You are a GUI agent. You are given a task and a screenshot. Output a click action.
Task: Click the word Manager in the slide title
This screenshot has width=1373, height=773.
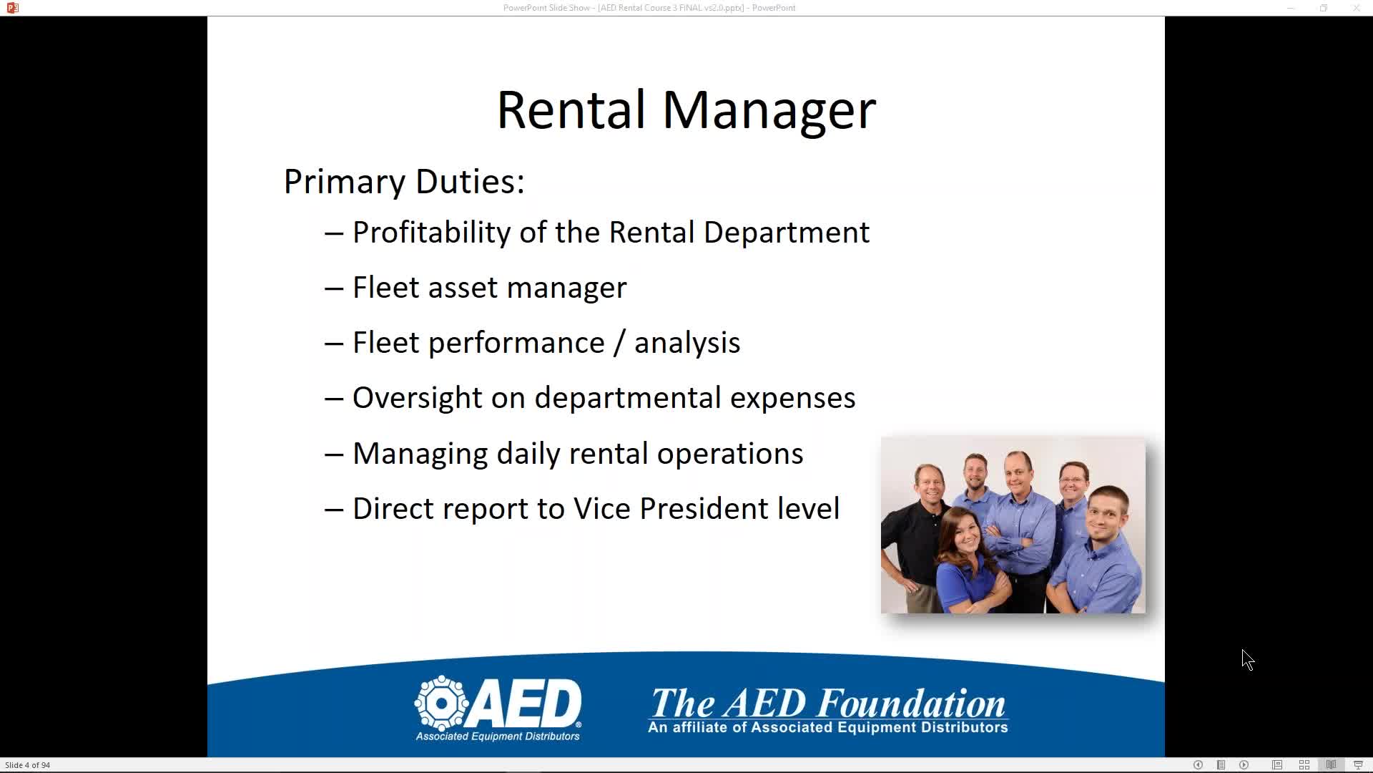(x=769, y=110)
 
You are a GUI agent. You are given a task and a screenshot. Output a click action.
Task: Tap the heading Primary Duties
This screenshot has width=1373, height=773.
(x=404, y=181)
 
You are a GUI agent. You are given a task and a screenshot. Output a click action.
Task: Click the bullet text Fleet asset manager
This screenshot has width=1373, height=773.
(x=490, y=288)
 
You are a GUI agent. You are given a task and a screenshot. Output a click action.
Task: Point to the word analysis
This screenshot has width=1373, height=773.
(x=687, y=343)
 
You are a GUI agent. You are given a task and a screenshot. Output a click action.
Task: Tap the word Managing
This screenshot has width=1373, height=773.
(x=420, y=454)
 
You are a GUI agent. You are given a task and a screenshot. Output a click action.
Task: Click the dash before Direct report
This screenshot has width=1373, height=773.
(x=334, y=510)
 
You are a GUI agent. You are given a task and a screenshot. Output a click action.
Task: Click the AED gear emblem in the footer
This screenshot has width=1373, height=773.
(x=442, y=703)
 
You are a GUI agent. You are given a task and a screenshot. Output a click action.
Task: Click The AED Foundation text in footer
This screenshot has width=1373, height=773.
(x=828, y=703)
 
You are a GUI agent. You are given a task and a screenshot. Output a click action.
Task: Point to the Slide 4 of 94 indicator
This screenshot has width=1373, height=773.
(x=28, y=765)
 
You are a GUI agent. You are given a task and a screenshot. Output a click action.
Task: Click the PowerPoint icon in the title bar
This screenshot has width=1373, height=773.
(x=12, y=8)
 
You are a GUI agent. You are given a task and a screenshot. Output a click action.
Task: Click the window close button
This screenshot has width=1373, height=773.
(x=1356, y=8)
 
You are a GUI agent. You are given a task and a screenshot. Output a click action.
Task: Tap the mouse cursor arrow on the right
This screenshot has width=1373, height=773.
(x=1248, y=660)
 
